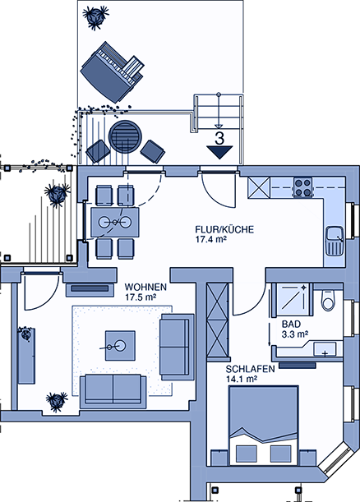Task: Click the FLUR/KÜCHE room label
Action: [224, 229]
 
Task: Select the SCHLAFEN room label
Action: [250, 369]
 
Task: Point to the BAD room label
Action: [291, 324]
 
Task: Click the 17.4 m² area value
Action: [211, 239]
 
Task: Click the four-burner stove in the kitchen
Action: [303, 187]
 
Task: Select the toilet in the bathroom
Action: [328, 300]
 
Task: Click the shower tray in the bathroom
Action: [292, 301]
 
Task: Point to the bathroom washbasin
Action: [325, 349]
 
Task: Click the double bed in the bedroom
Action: [263, 425]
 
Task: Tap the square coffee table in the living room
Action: [120, 346]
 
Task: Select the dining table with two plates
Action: [115, 222]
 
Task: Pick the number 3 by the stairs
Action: [219, 139]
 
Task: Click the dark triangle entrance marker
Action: [219, 152]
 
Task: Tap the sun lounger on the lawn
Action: [112, 71]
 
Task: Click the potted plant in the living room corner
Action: [57, 402]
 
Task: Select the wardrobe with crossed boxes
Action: [218, 320]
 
